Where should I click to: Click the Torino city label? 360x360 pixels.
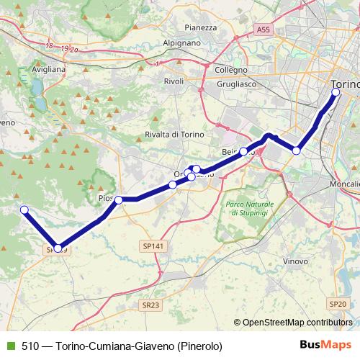click(x=346, y=83)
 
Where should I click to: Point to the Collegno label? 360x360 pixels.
click(x=231, y=70)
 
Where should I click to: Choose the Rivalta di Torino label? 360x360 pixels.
click(x=175, y=135)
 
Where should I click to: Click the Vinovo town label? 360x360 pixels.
click(x=296, y=261)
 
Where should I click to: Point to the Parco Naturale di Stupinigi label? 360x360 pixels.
click(x=247, y=210)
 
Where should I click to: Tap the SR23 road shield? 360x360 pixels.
click(x=150, y=305)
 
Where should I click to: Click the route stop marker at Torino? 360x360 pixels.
click(x=336, y=91)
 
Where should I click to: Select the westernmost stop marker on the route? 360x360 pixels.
click(x=24, y=210)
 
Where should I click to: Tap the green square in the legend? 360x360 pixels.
click(x=10, y=346)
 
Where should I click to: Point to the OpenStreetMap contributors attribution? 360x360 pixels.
click(x=297, y=323)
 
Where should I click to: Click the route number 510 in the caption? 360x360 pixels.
click(x=30, y=346)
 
